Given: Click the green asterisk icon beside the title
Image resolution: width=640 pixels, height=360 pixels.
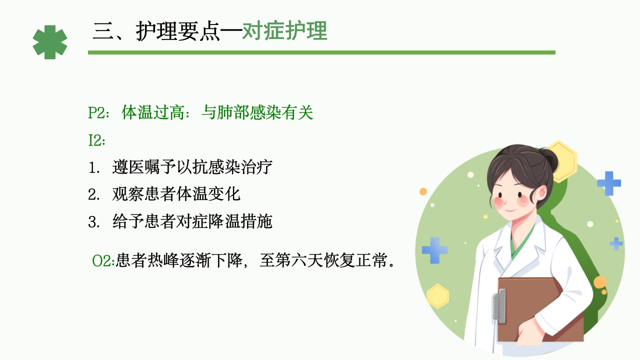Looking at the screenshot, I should pos(50,42).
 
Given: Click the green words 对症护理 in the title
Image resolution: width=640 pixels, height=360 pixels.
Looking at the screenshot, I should pos(284,31).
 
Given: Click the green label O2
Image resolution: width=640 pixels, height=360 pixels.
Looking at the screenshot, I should pos(103,260).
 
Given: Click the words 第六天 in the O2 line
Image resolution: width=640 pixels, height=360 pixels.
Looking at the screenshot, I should pos(297,260).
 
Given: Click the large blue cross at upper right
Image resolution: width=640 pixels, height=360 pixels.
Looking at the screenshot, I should pos(608,183).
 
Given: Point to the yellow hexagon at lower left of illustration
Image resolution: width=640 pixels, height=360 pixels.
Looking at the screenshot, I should pos(438,295).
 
